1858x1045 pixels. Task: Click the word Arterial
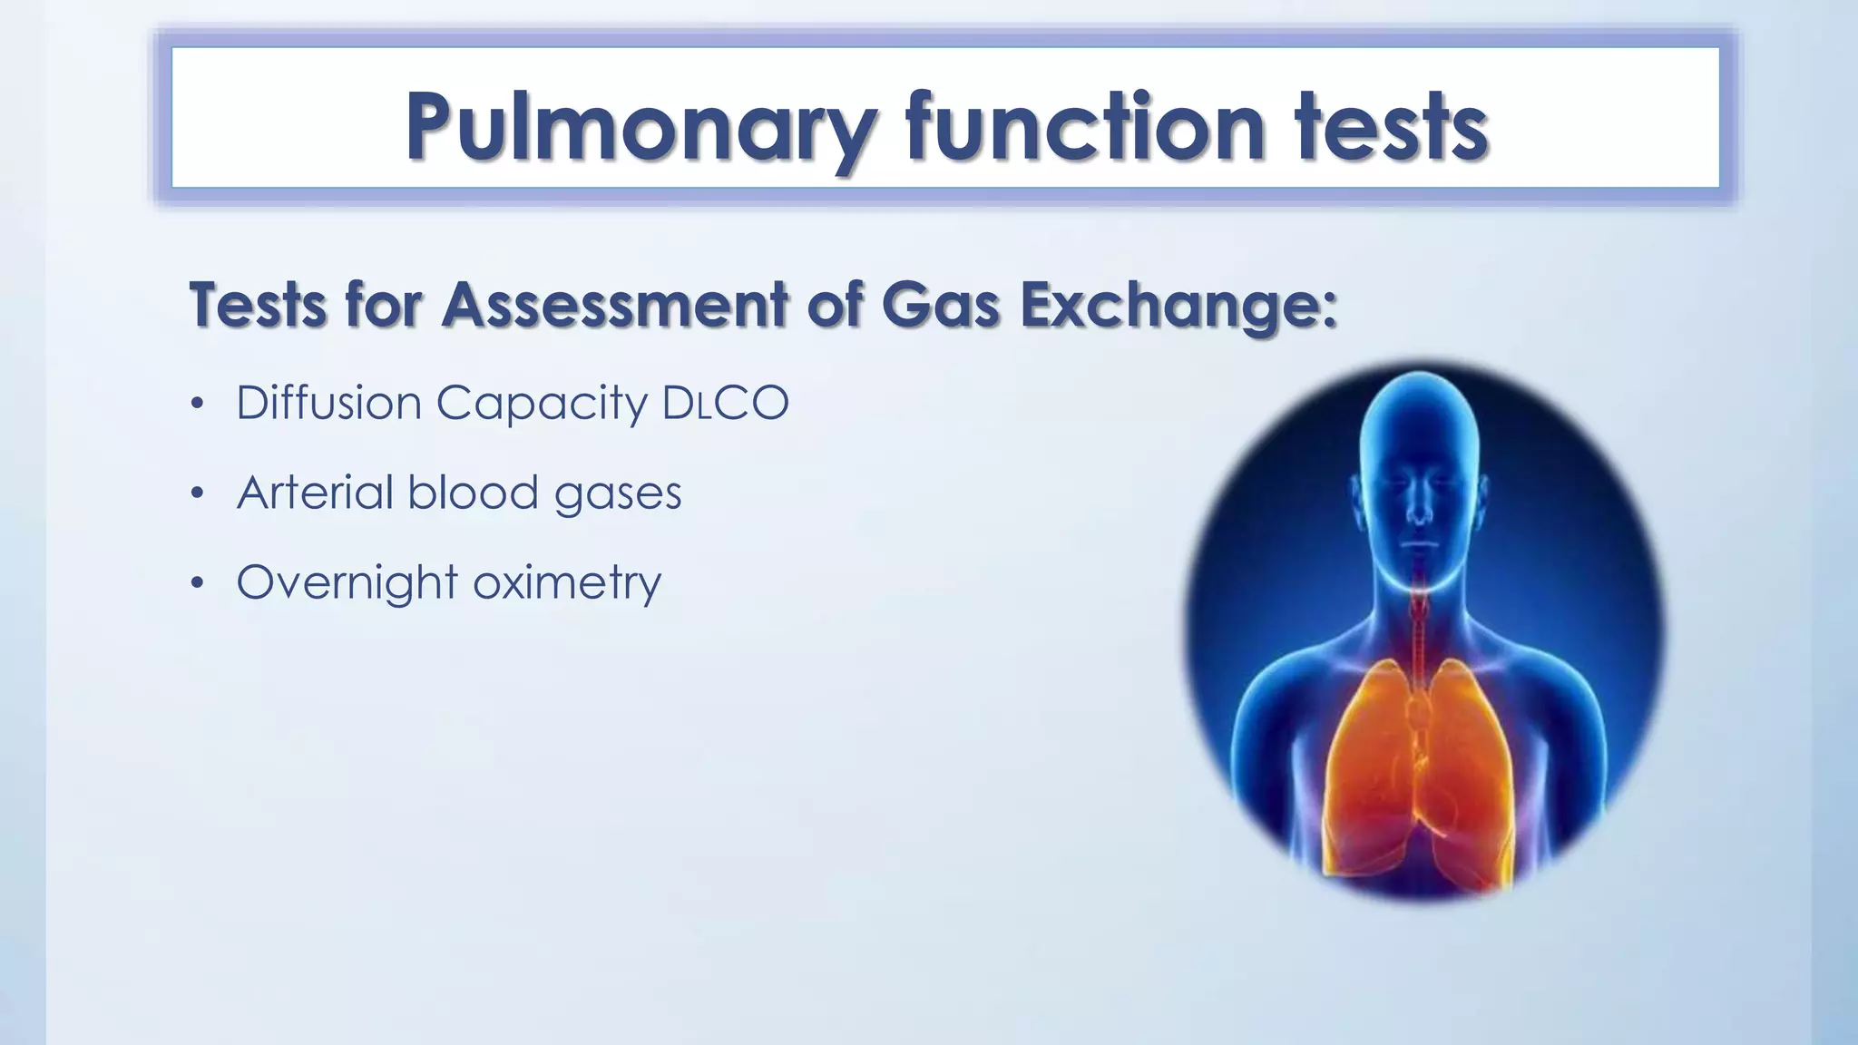pyautogui.click(x=315, y=493)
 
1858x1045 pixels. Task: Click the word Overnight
pyautogui.click(x=347, y=583)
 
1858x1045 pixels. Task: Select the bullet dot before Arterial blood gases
pyautogui.click(x=197, y=493)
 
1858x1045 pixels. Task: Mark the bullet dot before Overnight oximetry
pyautogui.click(x=197, y=583)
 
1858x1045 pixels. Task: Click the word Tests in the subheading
pyautogui.click(x=258, y=305)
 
